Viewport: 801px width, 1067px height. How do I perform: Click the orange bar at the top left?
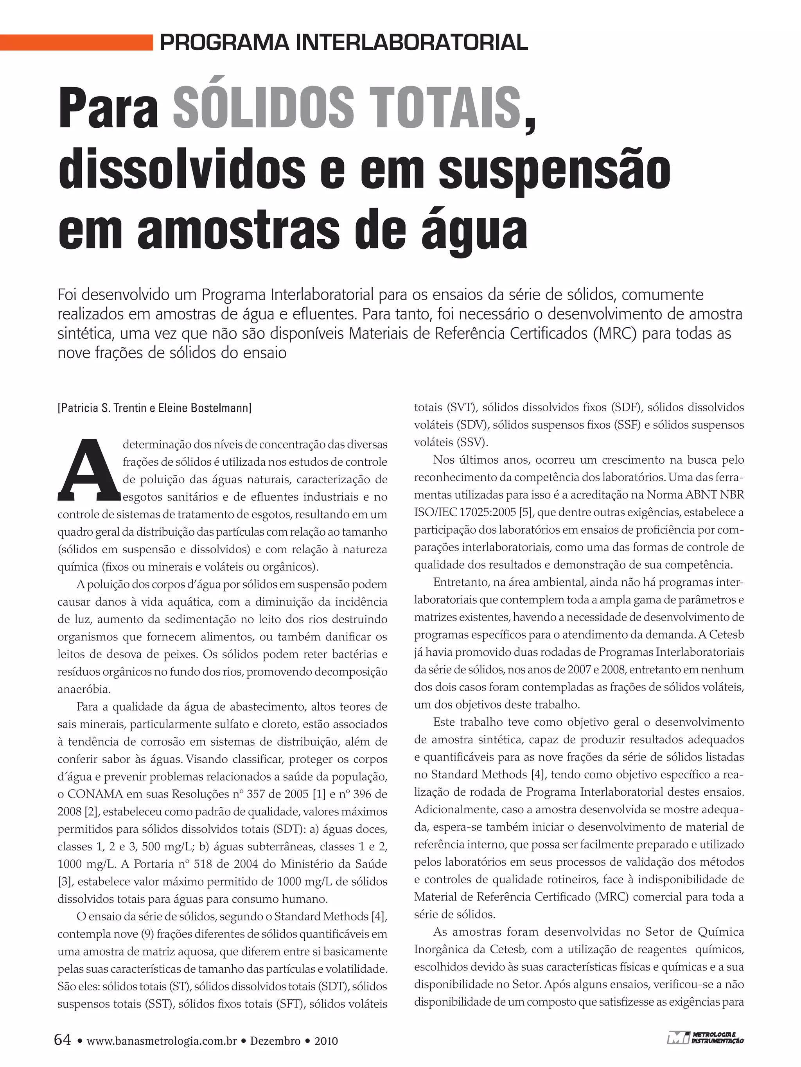(76, 43)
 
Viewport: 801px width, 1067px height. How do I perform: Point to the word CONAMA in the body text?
(93, 794)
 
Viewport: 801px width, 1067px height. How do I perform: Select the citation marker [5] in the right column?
(525, 512)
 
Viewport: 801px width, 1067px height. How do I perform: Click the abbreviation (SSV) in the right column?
(475, 442)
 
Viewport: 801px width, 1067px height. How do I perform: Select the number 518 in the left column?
(203, 864)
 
